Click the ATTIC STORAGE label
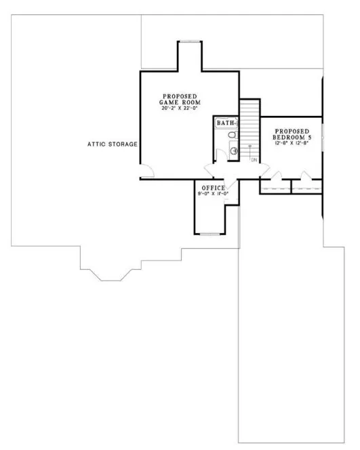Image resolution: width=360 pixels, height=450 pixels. [113, 144]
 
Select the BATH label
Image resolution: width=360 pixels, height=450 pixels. [226, 123]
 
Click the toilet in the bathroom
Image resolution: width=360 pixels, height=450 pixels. [233, 136]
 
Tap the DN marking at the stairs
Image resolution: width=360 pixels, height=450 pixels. [253, 160]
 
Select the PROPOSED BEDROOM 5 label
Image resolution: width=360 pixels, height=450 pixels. [292, 134]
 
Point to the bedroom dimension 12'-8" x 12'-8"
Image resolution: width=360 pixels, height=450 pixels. [292, 144]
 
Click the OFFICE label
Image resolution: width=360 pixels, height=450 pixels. [212, 188]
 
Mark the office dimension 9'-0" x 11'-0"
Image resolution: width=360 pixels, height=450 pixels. [213, 195]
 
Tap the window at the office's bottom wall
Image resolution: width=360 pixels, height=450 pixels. [209, 234]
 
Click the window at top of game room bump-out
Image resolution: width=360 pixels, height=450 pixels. [189, 42]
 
